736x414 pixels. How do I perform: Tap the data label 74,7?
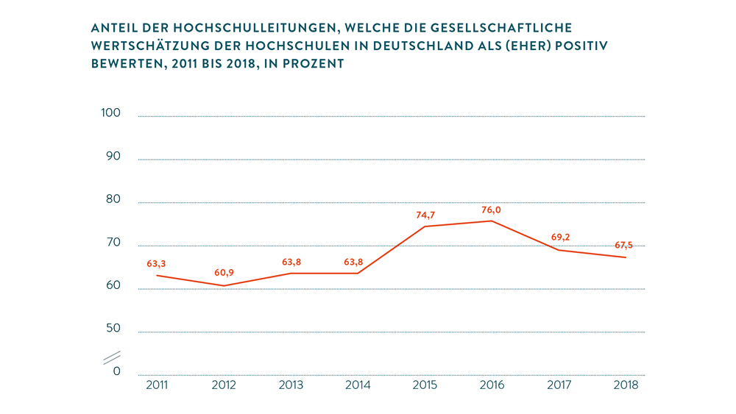tap(425, 215)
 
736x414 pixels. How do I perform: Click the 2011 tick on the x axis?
tap(157, 385)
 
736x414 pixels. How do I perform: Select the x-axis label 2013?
tap(291, 385)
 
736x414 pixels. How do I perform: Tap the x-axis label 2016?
tap(492, 385)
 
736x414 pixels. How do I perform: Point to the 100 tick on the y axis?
tap(110, 113)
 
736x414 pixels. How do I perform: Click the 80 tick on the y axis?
tap(112, 200)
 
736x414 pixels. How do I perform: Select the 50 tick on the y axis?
tap(112, 329)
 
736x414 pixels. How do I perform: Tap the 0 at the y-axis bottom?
tap(116, 372)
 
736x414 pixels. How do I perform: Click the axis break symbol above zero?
tap(111, 358)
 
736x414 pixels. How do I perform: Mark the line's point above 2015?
tap(425, 226)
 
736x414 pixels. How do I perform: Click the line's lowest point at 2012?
tap(224, 285)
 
